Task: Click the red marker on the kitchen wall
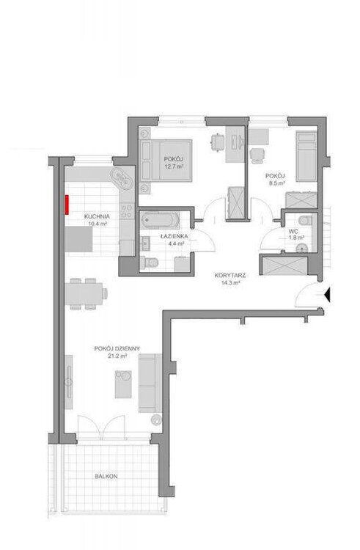[66, 205]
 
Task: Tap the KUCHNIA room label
[97, 217]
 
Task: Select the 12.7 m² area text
[175, 166]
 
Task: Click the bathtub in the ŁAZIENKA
[160, 220]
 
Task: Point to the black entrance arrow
[327, 294]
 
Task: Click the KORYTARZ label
[230, 276]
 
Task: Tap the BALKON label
[106, 477]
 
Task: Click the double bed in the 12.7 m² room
[166, 161]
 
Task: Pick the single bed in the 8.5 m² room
[306, 156]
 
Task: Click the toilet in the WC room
[305, 220]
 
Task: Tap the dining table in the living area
[84, 293]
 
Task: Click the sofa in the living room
[150, 383]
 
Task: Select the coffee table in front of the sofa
[123, 384]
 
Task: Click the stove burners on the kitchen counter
[127, 211]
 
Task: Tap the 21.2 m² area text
[117, 356]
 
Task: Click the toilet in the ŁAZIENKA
[150, 262]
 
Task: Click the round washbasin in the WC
[301, 249]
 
